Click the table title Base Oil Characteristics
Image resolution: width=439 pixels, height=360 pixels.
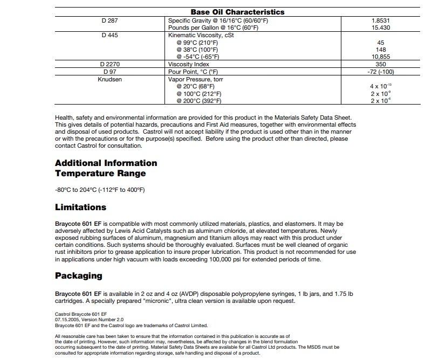[x=237, y=12]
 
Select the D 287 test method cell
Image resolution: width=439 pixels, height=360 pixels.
[x=109, y=20]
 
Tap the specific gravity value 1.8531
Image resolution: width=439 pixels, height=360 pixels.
[x=381, y=20]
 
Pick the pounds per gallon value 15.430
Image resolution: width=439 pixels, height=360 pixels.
[x=381, y=27]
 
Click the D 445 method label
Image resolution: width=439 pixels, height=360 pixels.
[x=109, y=35]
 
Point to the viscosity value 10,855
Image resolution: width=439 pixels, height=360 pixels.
[x=381, y=57]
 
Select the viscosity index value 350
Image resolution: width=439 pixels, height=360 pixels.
[x=381, y=64]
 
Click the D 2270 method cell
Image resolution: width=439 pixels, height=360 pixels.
[x=109, y=64]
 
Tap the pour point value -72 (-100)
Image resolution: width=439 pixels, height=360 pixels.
[x=381, y=72]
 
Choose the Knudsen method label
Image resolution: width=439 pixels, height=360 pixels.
[x=109, y=79]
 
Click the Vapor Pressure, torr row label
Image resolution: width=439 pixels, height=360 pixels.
[x=196, y=79]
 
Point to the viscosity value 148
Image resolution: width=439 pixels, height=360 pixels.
[x=381, y=50]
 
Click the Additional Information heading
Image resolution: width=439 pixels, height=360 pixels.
[x=106, y=163]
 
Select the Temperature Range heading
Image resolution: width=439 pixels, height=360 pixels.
[x=100, y=174]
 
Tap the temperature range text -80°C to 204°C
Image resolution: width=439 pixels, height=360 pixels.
[x=100, y=190]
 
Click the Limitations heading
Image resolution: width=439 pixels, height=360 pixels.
[x=81, y=207]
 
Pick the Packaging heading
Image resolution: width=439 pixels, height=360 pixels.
[x=79, y=276]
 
